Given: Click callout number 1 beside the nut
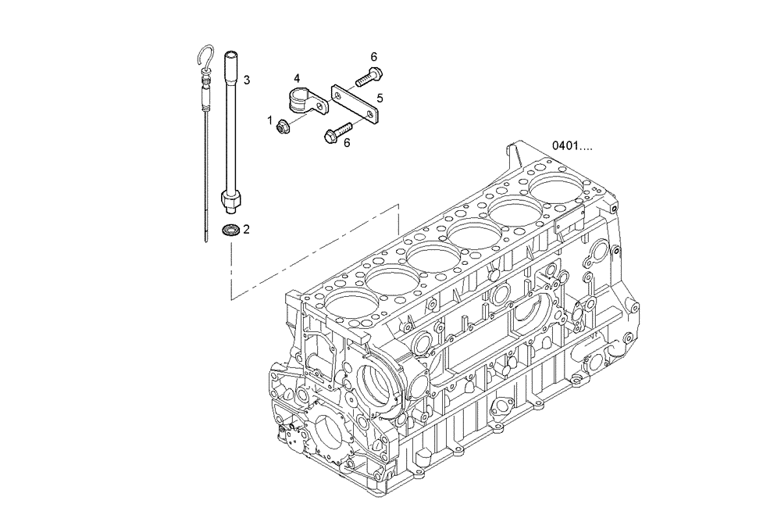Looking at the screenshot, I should click(270, 121).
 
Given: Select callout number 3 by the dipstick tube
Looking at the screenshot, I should click(246, 80).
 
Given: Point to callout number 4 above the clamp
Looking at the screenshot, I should click(297, 78).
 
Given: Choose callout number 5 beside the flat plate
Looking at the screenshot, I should click(379, 98).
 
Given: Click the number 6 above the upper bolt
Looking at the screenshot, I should click(373, 57).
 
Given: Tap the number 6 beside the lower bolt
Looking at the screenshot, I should click(346, 142).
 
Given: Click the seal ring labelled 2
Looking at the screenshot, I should click(230, 230).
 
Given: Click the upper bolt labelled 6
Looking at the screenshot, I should click(368, 77).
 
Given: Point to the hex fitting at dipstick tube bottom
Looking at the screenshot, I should click(230, 204).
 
